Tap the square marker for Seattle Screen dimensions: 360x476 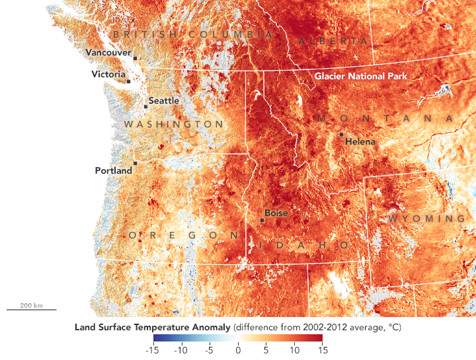pos(146,106)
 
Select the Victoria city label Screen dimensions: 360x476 pos(108,75)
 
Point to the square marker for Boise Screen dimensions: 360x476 pos(262,220)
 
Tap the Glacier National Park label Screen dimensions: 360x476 pos(360,76)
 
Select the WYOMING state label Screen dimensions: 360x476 pos(426,219)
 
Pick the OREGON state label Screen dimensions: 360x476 pos(184,235)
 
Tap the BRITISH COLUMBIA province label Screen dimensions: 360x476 pos(192,34)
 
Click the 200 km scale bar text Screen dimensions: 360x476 pos(31,305)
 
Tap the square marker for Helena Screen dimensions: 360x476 pos(341,134)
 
